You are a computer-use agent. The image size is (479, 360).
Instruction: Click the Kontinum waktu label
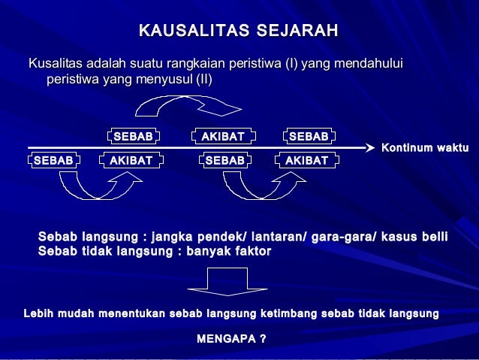pyautogui.click(x=425, y=148)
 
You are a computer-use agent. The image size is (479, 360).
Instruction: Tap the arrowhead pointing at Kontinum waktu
pyautogui.click(x=369, y=147)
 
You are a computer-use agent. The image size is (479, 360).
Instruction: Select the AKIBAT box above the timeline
pyautogui.click(x=224, y=137)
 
